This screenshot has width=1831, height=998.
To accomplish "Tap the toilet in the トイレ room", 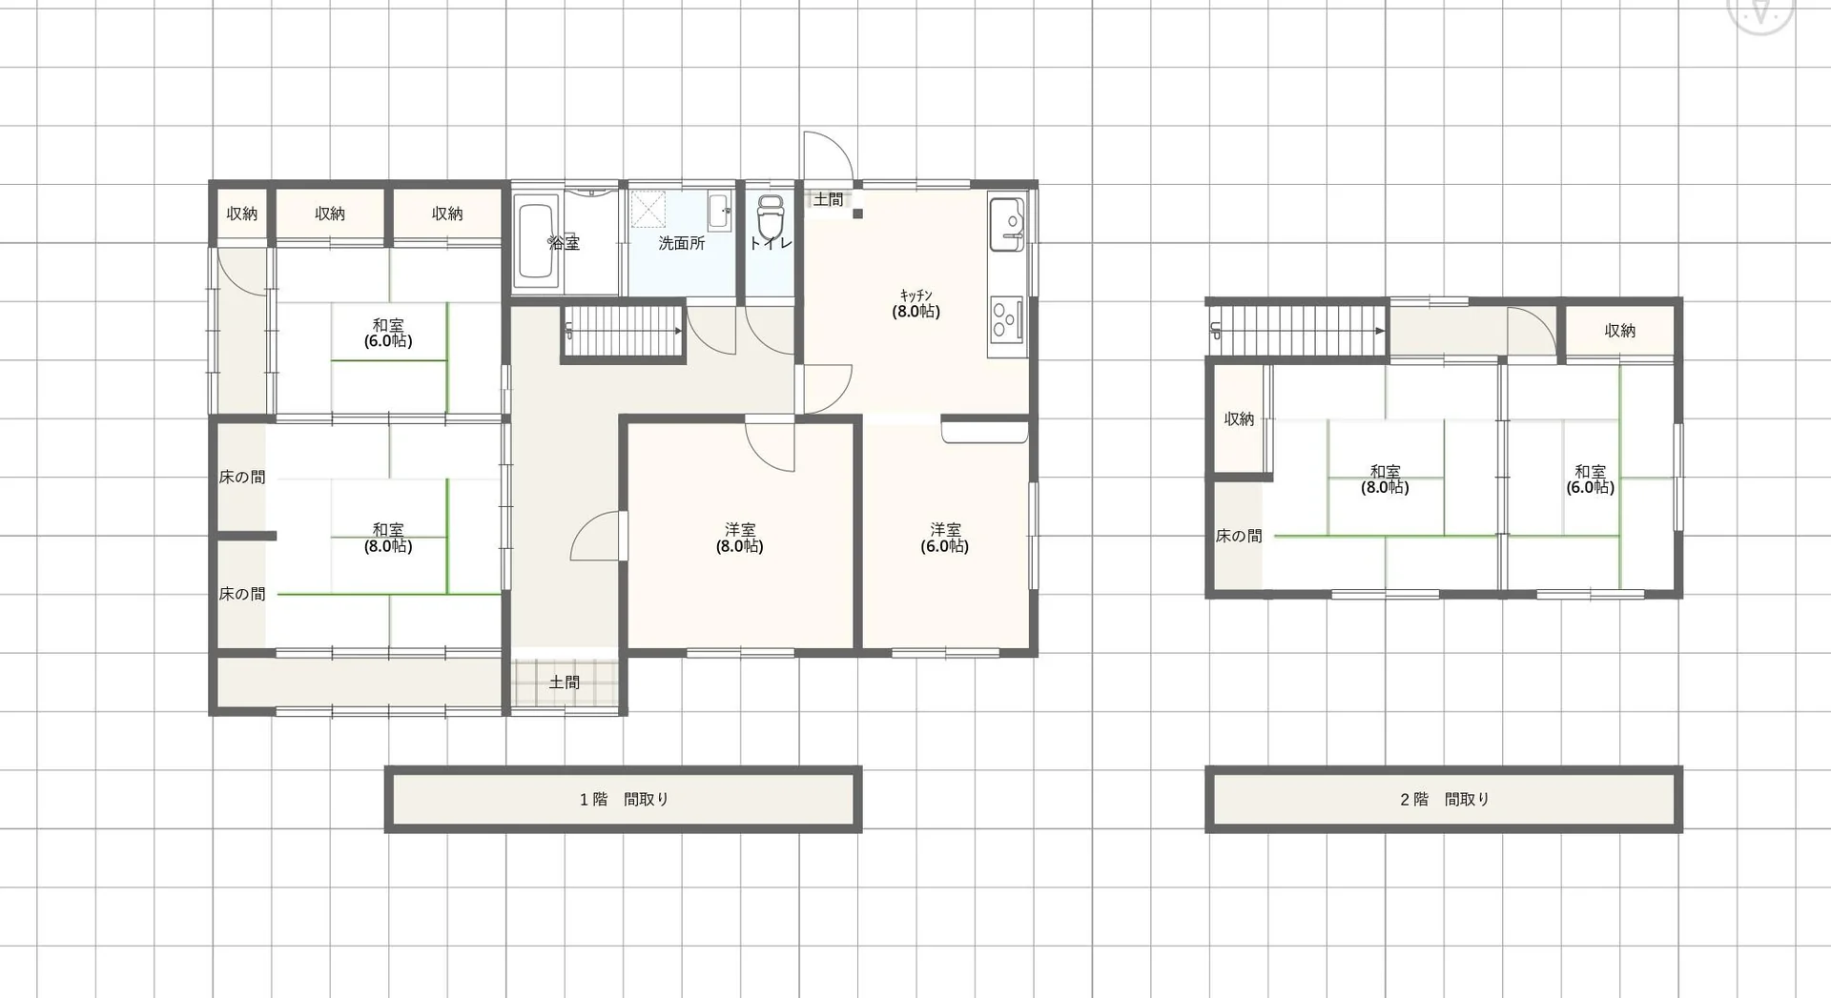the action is tap(770, 221).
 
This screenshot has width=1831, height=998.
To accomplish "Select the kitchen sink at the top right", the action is tap(1007, 224).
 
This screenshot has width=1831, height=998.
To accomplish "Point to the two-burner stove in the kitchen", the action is tap(1005, 318).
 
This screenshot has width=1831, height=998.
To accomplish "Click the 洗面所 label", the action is tap(682, 243).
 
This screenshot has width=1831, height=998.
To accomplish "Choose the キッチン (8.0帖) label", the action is tap(916, 303).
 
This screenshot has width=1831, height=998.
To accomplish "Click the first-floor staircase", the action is tap(623, 331).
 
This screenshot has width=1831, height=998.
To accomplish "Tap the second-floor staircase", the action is tap(1298, 330).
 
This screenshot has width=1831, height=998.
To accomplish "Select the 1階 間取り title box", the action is tap(624, 799).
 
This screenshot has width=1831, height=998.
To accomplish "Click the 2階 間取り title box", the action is tap(1444, 799).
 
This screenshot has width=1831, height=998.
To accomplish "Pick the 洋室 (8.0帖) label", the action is tap(740, 538).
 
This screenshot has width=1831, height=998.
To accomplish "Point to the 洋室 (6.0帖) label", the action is tap(945, 538).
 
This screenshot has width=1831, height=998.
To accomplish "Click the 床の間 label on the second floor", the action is tap(1239, 537).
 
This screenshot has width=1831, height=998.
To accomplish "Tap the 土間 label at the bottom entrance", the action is tap(565, 682).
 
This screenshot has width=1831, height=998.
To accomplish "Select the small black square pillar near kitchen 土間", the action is tap(857, 214).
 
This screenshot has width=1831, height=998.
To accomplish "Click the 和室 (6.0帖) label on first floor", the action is tap(388, 333).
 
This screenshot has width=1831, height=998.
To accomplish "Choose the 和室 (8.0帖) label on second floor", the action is tap(1386, 479).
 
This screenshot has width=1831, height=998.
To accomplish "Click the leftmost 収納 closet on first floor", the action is tap(242, 214).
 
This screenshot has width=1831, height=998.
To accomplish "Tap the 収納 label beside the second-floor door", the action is tap(1620, 331).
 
